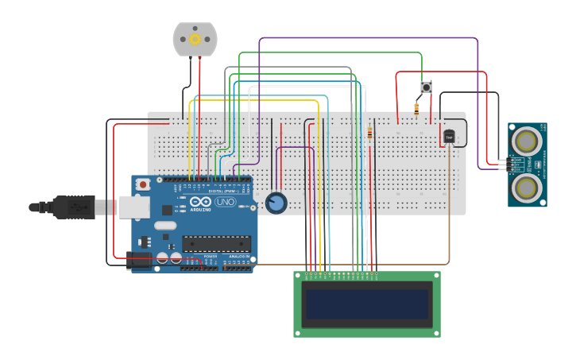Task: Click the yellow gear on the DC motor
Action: pos(195,39)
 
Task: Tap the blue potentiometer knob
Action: pos(276,203)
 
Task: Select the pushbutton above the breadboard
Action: pos(426,87)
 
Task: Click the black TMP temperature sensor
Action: pos(449,137)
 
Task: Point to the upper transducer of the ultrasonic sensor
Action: pos(526,141)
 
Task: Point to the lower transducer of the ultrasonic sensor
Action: pos(526,188)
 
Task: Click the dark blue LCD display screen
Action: pos(367,304)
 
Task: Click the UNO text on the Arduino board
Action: pos(225,202)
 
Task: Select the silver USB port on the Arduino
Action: pos(133,207)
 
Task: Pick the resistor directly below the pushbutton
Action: pos(416,108)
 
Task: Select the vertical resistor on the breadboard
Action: pos(369,134)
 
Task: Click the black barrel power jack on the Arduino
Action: pos(140,260)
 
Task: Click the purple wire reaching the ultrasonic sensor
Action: pos(477,95)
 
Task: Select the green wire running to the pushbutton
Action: pos(334,53)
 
